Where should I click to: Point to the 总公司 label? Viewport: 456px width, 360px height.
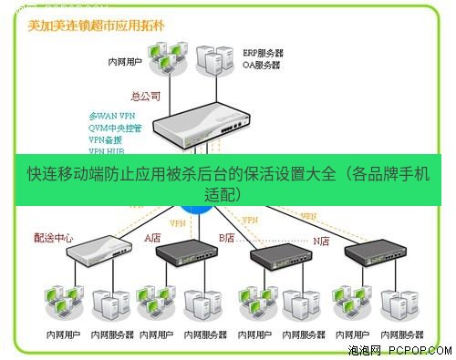pyautogui.click(x=146, y=96)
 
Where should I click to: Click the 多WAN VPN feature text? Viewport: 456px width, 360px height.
pyautogui.click(x=112, y=117)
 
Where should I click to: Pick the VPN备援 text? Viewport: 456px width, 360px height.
pyautogui.click(x=107, y=140)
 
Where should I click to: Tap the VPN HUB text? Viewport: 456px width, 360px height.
pyautogui.click(x=107, y=151)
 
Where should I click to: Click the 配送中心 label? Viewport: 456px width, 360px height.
pyautogui.click(x=54, y=238)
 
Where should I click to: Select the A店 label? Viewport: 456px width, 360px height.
pyautogui.click(x=153, y=238)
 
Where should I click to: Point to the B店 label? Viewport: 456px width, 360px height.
pyautogui.click(x=226, y=238)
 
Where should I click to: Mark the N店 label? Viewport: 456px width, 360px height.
pyautogui.click(x=321, y=241)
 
